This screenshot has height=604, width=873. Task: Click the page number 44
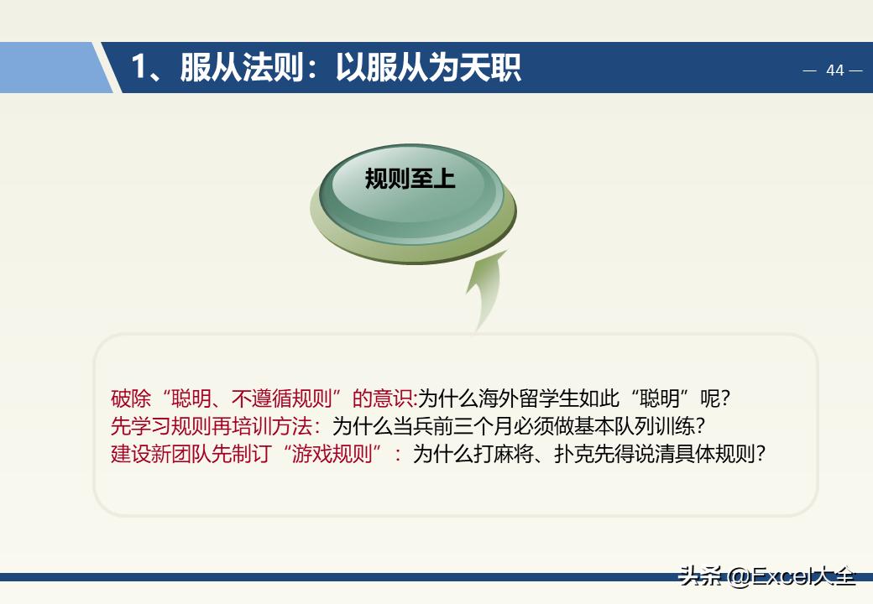pos(834,70)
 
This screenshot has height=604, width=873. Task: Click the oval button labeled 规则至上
pos(410,180)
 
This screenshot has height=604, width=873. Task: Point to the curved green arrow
pos(487,289)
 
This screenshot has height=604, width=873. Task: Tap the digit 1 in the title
pos(139,67)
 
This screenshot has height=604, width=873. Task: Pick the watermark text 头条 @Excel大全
pos(767,576)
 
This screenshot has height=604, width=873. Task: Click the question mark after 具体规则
pos(760,454)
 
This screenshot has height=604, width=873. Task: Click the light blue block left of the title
pos(50,67)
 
